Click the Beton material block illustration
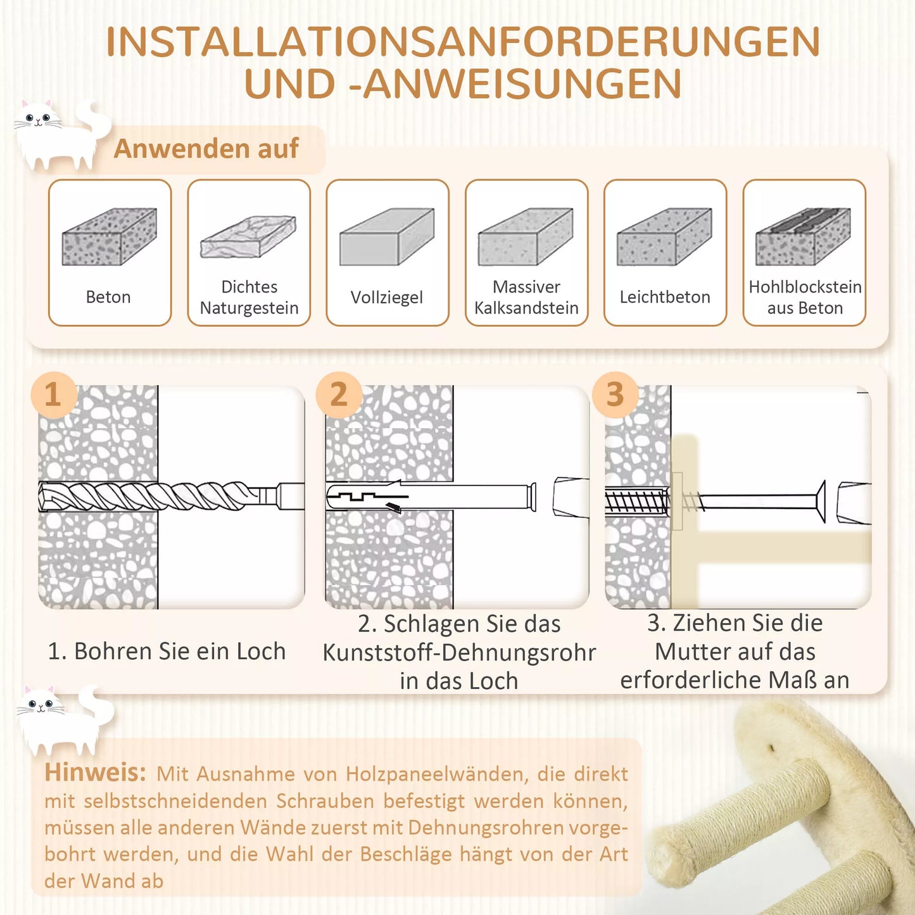[109, 236]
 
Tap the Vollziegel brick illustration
[387, 236]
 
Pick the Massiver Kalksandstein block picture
[526, 236]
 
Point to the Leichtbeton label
[665, 297]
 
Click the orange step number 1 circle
[54, 394]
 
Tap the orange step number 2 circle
[339, 394]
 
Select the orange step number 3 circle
[615, 394]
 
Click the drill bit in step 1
[171, 496]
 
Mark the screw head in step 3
[821, 502]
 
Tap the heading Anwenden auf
[206, 149]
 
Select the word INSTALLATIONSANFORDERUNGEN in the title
[463, 42]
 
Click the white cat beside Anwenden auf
[61, 134]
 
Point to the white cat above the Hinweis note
[64, 720]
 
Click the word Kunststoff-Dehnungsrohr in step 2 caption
[459, 652]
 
